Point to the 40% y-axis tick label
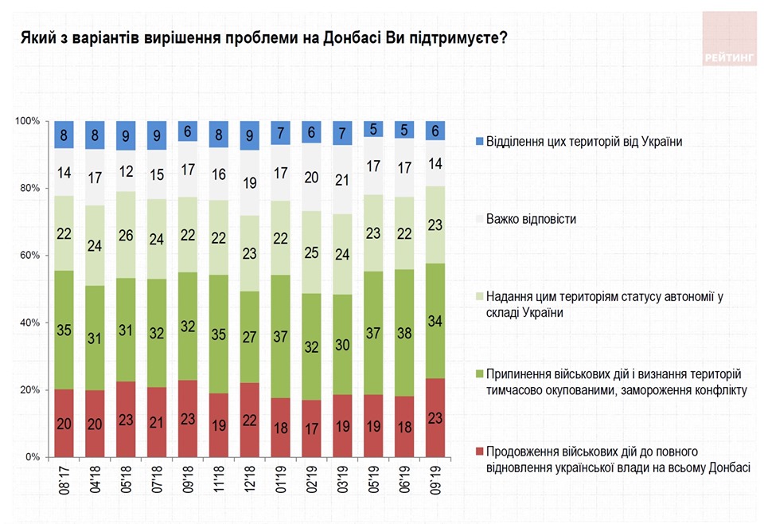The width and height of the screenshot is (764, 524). coord(29,323)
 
